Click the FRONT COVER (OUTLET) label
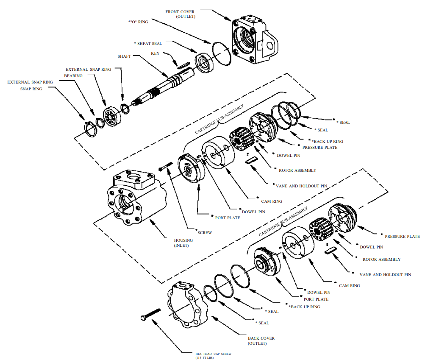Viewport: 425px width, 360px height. coord(181,14)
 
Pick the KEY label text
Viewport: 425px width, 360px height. coord(155,53)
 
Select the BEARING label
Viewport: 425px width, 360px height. coord(73,75)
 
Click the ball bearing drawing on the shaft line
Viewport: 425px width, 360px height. coord(112,116)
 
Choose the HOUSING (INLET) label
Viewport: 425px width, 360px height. coord(183,243)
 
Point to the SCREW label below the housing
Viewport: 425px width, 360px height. coord(205,232)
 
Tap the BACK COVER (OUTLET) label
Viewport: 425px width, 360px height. coord(261,340)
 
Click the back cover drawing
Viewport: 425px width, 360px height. coord(189,305)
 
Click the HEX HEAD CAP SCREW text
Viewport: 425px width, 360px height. coord(214,353)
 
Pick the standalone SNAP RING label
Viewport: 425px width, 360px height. coord(31,89)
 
